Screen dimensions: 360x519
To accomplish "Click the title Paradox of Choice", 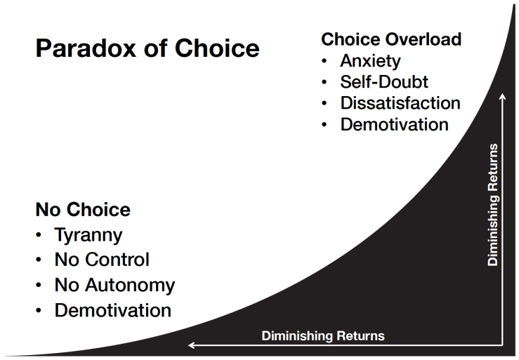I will (147, 48).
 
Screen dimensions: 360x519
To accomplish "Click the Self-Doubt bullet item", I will (384, 81).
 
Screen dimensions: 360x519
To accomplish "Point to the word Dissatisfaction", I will (400, 103).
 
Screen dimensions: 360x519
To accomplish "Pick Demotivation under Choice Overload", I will (394, 125).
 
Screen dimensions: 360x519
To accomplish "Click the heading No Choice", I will (83, 209).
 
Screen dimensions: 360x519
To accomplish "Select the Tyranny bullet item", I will (88, 235).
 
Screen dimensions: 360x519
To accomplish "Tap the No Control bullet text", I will (102, 260).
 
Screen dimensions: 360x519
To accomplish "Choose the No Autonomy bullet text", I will (114, 285).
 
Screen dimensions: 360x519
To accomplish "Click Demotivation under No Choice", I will (112, 310).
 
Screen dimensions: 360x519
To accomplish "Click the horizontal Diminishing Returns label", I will (323, 335).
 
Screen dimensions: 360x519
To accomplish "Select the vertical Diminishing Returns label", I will (493, 204).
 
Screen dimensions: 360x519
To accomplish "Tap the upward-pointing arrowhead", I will (502, 97).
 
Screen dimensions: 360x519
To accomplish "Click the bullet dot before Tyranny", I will (39, 236).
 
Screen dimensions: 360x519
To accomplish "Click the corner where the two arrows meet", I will (502, 345).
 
